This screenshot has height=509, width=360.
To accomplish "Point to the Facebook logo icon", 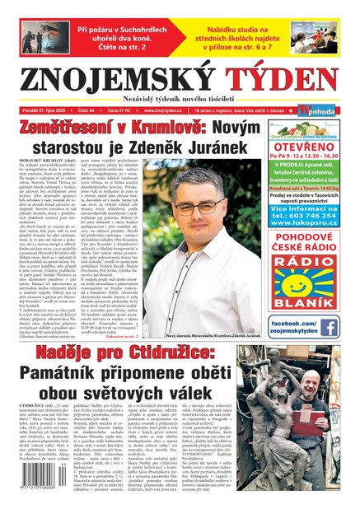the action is [329, 327].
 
